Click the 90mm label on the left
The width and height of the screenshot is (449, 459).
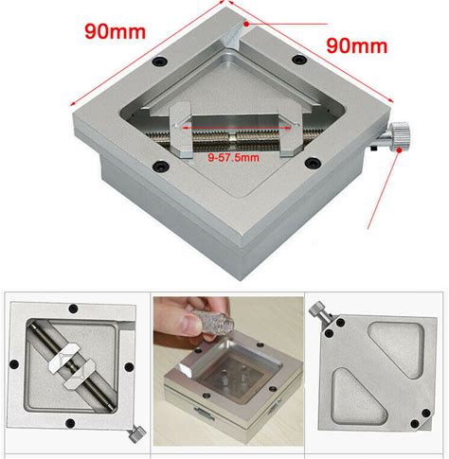[x=116, y=31]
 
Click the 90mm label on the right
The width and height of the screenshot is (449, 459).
[x=357, y=45]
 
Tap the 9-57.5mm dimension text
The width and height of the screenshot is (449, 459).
[x=234, y=157]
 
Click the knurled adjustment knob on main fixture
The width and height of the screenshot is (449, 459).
[x=400, y=137]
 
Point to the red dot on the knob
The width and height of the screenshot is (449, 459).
[x=399, y=150]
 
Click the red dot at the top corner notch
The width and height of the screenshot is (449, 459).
[x=246, y=24]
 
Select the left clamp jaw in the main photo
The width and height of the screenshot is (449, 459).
[x=181, y=130]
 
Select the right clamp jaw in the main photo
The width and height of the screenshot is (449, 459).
[x=290, y=131]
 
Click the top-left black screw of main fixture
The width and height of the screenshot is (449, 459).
[x=159, y=61]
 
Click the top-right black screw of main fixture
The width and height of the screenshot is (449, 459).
[x=298, y=60]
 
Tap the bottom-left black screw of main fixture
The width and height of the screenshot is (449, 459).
[x=160, y=166]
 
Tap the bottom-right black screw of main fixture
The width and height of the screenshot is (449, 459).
[x=313, y=163]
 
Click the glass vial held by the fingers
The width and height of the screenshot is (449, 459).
[x=213, y=322]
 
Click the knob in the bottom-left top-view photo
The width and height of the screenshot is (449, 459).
[x=137, y=434]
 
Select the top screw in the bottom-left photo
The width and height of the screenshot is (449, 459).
[x=73, y=309]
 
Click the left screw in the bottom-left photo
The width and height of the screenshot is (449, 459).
[x=14, y=364]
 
